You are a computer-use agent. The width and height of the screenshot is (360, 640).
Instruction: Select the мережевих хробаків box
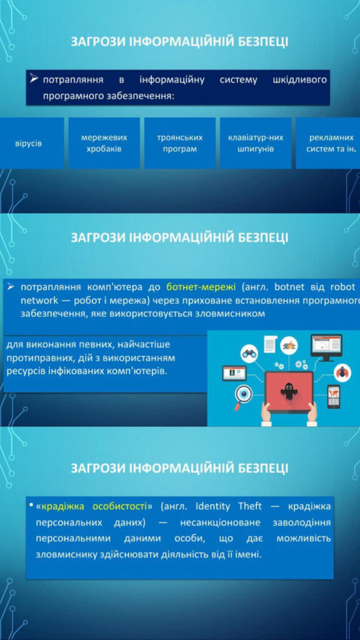point(104,143)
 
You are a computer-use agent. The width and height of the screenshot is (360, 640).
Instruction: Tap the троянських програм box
point(179,143)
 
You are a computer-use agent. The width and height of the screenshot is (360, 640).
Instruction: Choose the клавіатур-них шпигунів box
point(256,143)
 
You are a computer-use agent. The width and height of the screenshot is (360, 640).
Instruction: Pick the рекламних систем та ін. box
point(328,143)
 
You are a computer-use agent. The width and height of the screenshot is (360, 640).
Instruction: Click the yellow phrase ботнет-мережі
point(201,287)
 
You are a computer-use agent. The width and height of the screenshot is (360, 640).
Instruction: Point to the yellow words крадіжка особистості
point(94,506)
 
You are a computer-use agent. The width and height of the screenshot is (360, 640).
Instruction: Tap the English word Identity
point(213,507)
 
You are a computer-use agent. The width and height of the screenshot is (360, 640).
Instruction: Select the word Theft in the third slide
point(250,506)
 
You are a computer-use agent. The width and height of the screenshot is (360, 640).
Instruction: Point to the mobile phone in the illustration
point(334,396)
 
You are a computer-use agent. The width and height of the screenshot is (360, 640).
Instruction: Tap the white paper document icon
point(270,344)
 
